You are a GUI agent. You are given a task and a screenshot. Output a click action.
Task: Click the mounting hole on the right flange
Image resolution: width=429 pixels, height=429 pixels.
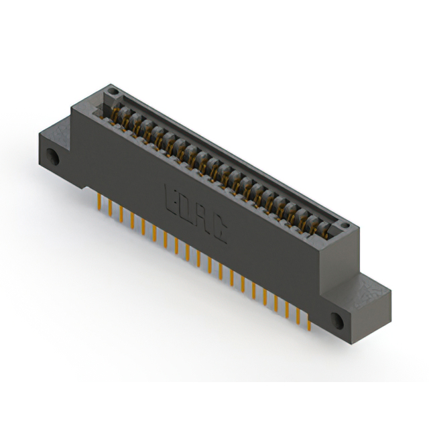pos(338,320)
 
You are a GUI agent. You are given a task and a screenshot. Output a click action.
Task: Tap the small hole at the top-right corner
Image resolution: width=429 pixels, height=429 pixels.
pos(344,225)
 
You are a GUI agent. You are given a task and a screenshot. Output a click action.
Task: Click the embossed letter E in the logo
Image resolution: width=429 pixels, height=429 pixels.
pos(170,198)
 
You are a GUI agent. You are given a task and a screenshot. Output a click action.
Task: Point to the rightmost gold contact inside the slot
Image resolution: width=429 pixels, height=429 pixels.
pos(326,231)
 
